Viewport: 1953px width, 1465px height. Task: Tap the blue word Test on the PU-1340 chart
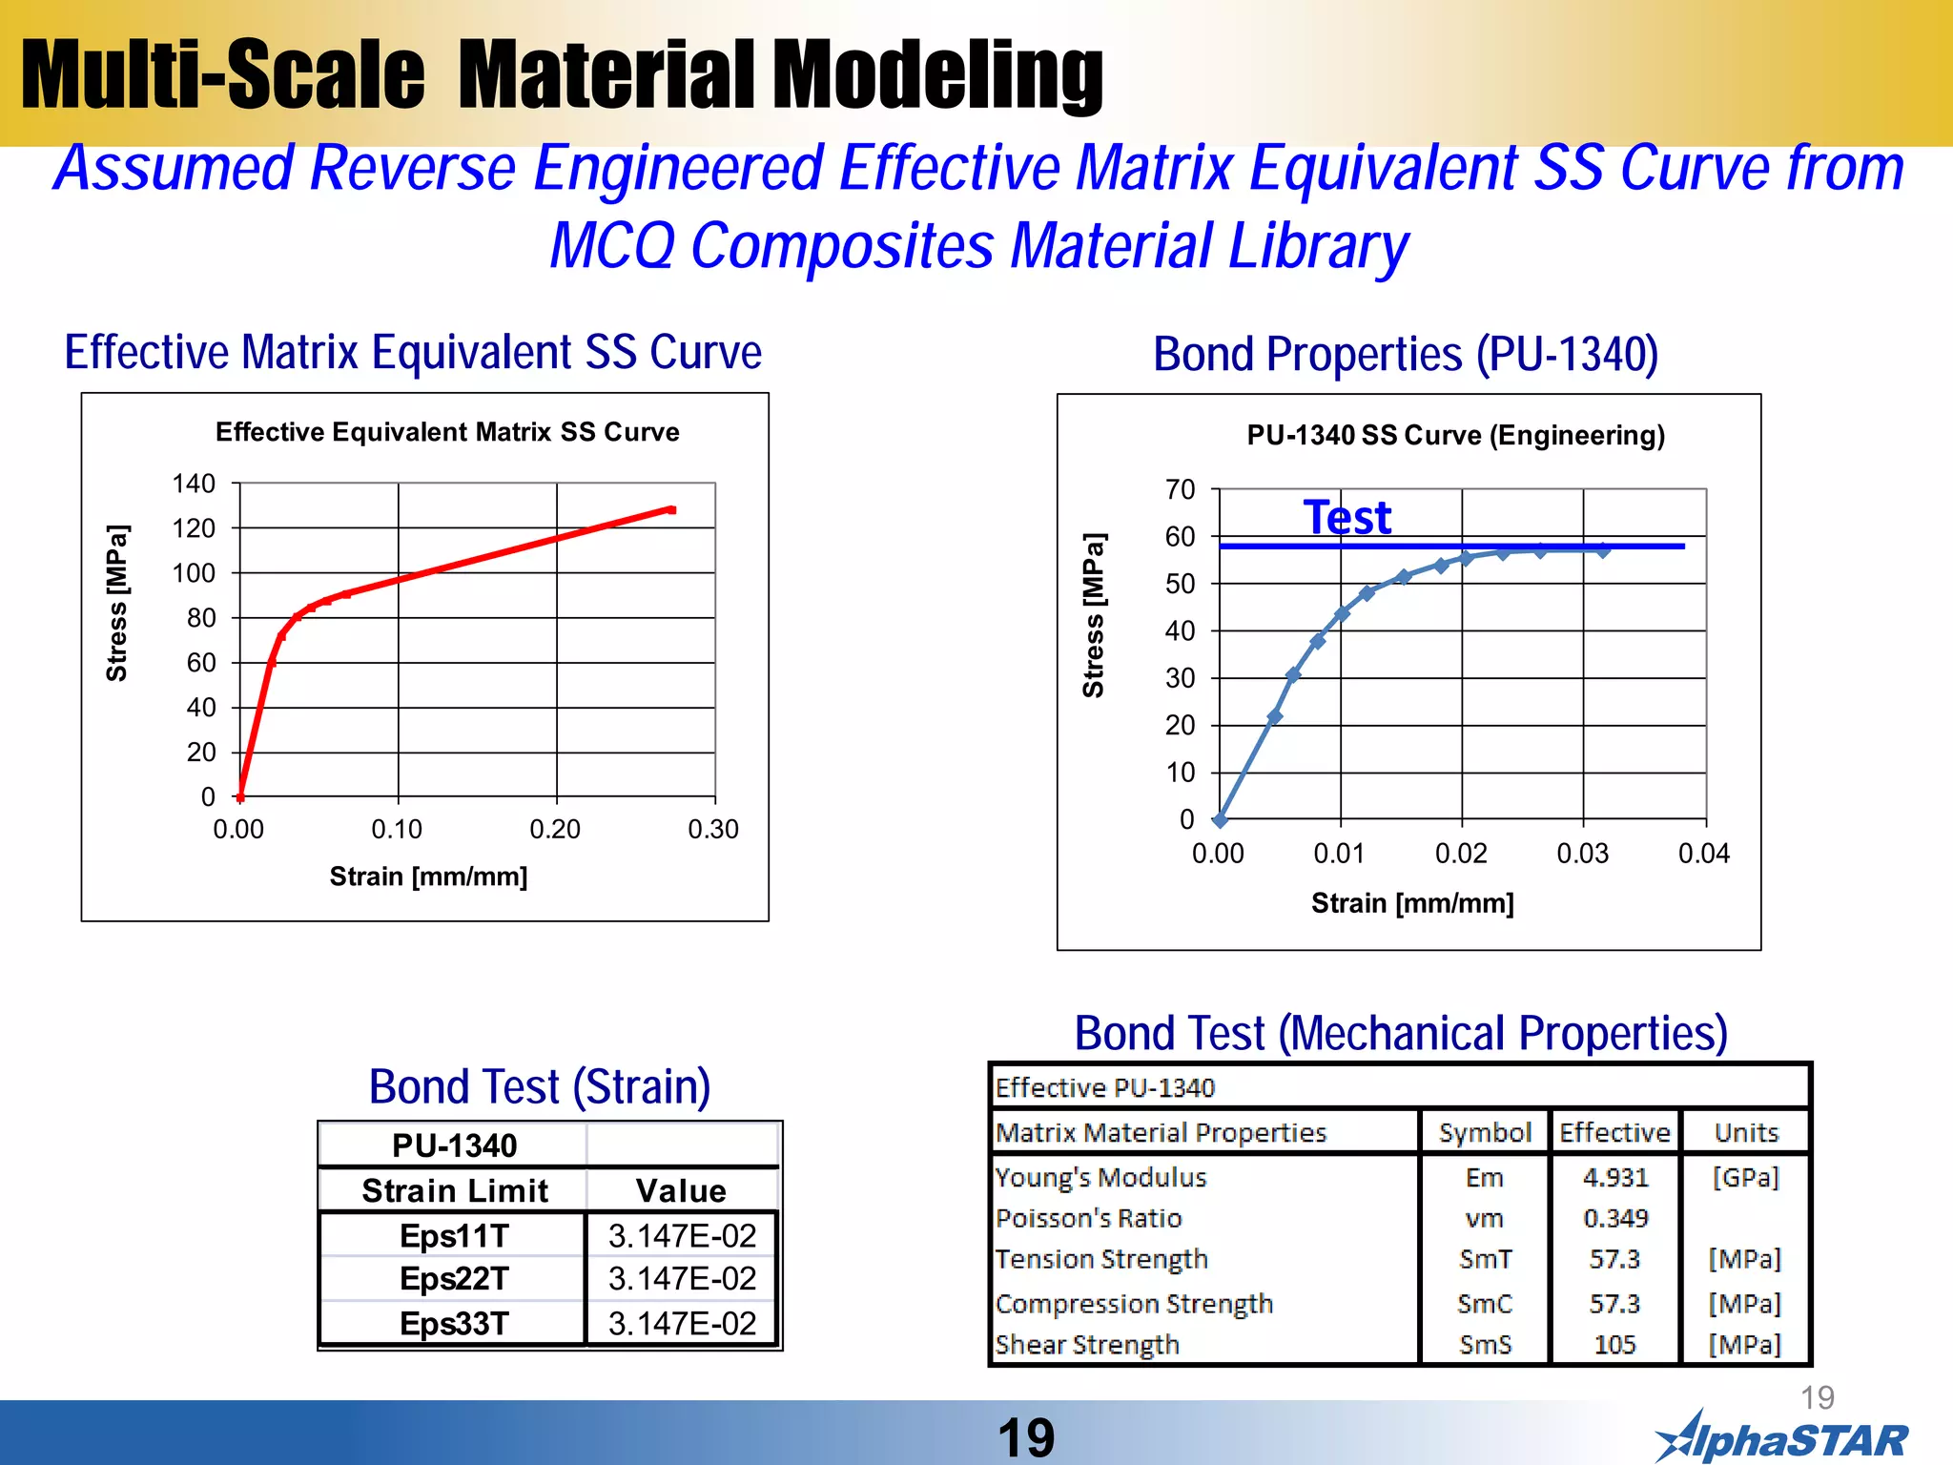pyautogui.click(x=1347, y=518)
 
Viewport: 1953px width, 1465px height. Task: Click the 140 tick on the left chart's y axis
pyautogui.click(x=194, y=484)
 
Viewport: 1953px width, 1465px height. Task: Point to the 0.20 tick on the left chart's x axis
pyautogui.click(x=555, y=829)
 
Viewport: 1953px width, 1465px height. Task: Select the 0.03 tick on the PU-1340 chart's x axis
pyautogui.click(x=1582, y=853)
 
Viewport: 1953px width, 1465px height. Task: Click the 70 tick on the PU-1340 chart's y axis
pyautogui.click(x=1180, y=489)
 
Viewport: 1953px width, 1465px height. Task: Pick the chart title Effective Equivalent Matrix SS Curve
pyautogui.click(x=447, y=432)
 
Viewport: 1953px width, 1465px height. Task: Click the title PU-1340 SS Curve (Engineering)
pyautogui.click(x=1455, y=435)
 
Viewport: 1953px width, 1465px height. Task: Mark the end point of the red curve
pyautogui.click(x=671, y=510)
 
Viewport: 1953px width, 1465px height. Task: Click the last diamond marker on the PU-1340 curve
pyautogui.click(x=1603, y=550)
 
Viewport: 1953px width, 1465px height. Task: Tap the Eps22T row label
pyautogui.click(x=454, y=1278)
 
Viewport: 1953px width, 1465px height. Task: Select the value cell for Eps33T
pyautogui.click(x=682, y=1323)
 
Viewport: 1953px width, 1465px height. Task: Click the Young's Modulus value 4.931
pyautogui.click(x=1614, y=1178)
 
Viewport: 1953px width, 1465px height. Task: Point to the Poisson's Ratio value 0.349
pyautogui.click(x=1614, y=1218)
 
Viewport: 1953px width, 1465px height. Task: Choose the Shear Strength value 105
pyautogui.click(x=1614, y=1345)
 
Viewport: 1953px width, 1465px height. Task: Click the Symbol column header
pyautogui.click(x=1485, y=1132)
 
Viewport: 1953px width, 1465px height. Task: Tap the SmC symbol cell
pyautogui.click(x=1485, y=1303)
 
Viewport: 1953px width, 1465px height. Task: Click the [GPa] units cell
pyautogui.click(x=1745, y=1178)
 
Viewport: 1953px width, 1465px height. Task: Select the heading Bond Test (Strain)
pyautogui.click(x=540, y=1086)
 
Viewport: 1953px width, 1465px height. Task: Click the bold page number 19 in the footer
pyautogui.click(x=1026, y=1437)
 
